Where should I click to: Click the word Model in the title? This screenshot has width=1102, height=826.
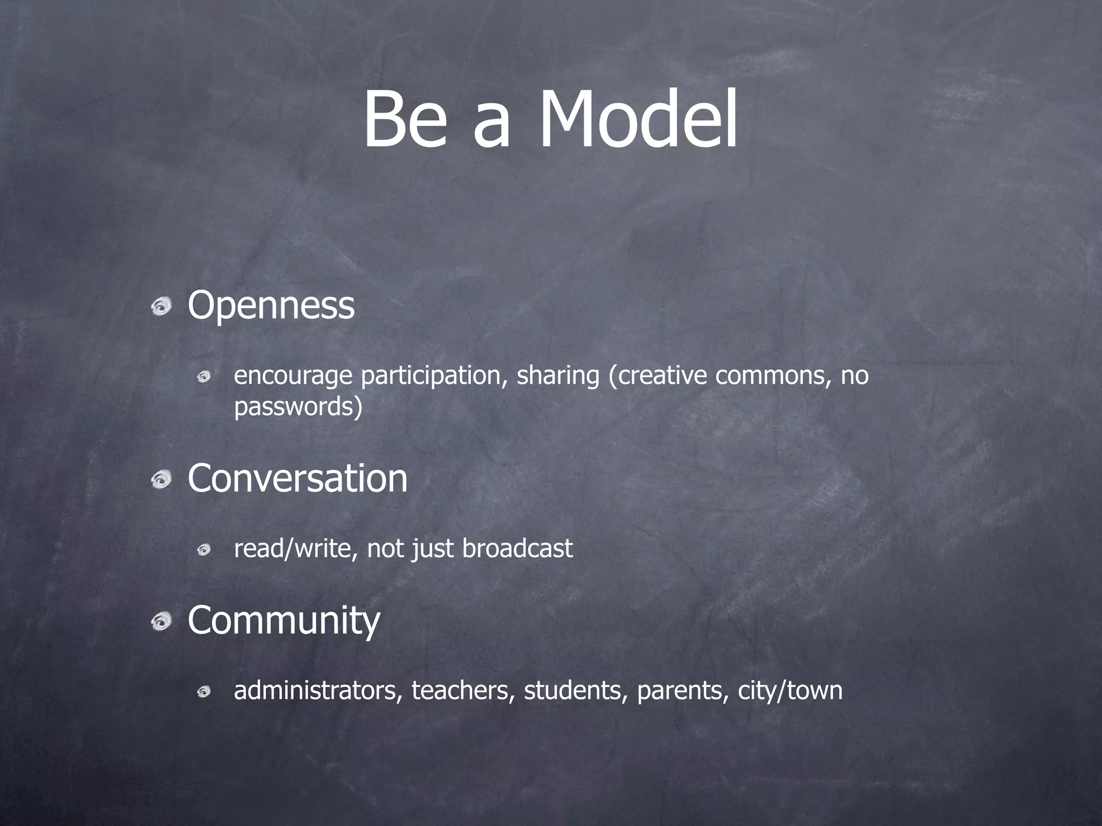point(638,119)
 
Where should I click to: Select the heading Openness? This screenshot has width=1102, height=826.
point(271,305)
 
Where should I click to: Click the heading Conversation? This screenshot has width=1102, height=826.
point(298,478)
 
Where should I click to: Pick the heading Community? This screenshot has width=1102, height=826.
point(284,621)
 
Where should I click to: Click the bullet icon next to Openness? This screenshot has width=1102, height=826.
point(161,308)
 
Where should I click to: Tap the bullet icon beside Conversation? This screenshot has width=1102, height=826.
point(161,480)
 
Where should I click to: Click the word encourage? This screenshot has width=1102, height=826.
point(293,376)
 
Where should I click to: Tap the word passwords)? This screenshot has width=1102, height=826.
point(298,407)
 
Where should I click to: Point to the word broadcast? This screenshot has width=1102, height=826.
point(517,549)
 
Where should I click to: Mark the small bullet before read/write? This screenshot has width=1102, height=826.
point(203,550)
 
